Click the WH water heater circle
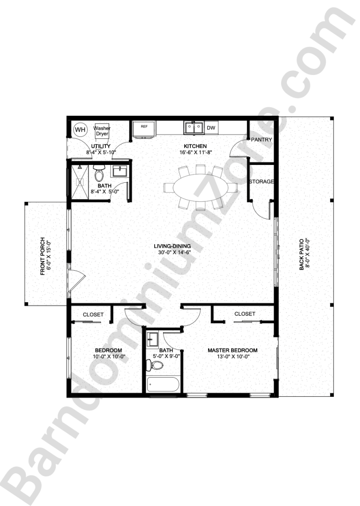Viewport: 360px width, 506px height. [x=80, y=129]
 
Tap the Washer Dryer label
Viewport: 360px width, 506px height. [x=102, y=131]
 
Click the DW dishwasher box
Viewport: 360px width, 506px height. [x=211, y=127]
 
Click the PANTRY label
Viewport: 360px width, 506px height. [x=262, y=140]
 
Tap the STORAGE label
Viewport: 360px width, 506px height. [x=261, y=181]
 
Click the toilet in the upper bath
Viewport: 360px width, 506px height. [x=99, y=174]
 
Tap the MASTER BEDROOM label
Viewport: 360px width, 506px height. [x=232, y=350]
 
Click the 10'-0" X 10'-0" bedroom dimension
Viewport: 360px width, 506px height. [x=108, y=357]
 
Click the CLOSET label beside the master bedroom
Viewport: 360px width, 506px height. [x=245, y=314]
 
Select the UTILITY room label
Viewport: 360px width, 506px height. [x=101, y=147]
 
